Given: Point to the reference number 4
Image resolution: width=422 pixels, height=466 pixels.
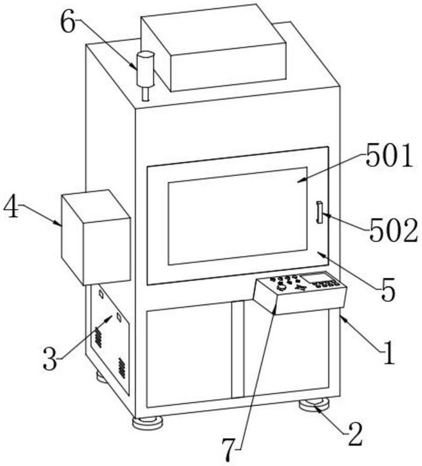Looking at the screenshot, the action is (12, 207).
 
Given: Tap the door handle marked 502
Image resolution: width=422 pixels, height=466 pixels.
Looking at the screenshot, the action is (319, 211).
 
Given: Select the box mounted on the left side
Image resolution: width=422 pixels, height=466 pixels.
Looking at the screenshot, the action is (95, 236).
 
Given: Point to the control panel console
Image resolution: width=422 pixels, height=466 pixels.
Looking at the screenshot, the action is (300, 294).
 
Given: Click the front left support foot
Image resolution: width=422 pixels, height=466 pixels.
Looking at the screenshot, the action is (147, 422).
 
